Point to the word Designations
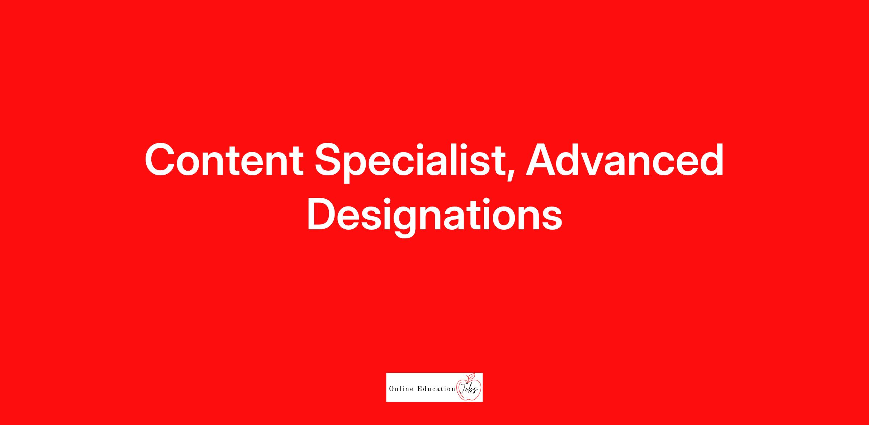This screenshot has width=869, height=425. pos(434,216)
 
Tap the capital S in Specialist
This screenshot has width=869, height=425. pos(330,160)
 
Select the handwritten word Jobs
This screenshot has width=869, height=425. pos(469,389)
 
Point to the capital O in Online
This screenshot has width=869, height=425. pos(391,389)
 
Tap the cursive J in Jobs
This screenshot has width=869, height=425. pos(463,389)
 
